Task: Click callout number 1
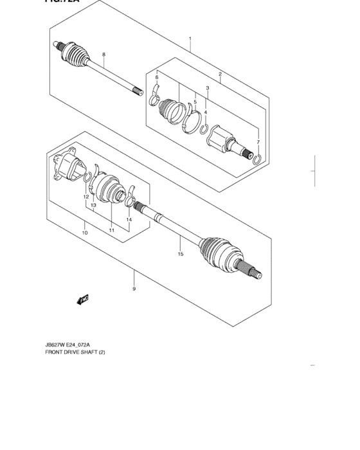[x=190, y=39]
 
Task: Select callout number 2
[x=220, y=74]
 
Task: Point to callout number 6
[x=156, y=78]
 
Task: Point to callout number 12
[x=85, y=196]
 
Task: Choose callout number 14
[x=129, y=220]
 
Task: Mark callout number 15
[x=181, y=254]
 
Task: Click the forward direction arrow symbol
[x=82, y=298]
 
